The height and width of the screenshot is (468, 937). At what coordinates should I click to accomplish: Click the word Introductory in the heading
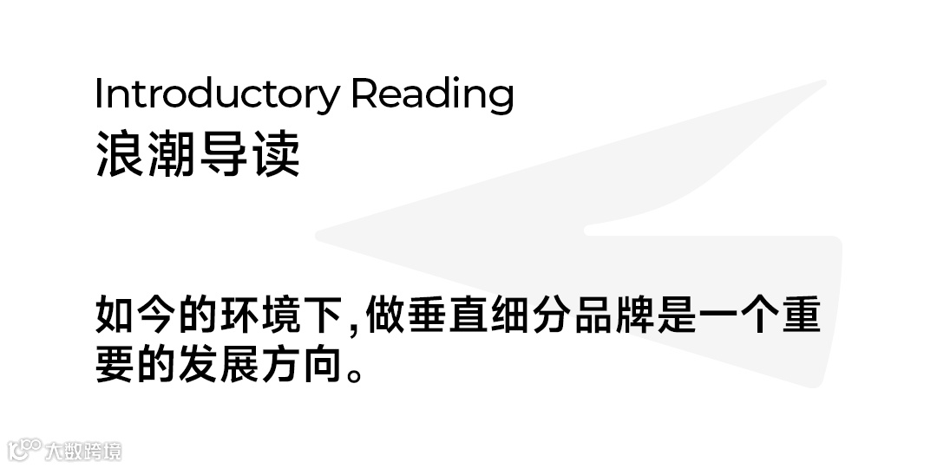[217, 94]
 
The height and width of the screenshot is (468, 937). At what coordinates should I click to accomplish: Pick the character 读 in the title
[275, 156]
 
